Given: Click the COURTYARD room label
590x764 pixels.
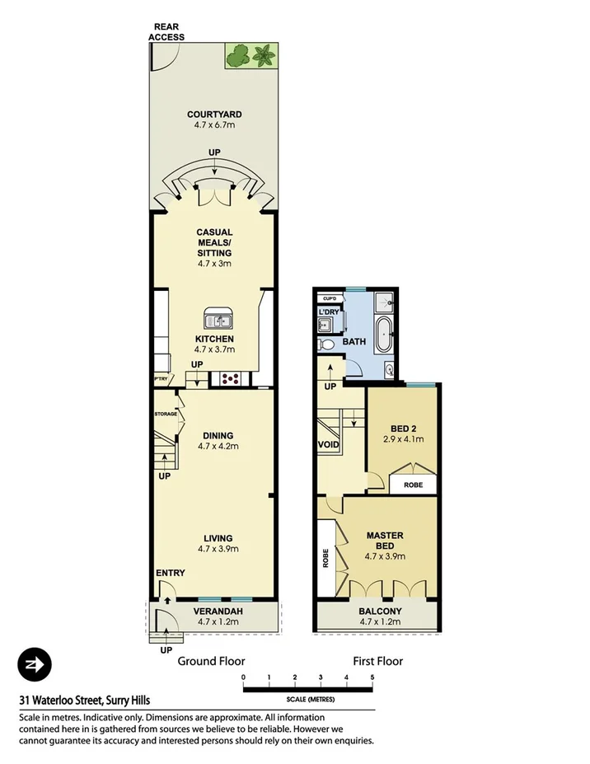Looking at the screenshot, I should pyautogui.click(x=214, y=115).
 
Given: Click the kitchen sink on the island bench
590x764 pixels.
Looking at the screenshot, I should pyautogui.click(x=219, y=320).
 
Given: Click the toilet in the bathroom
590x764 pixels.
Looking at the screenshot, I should pyautogui.click(x=326, y=345).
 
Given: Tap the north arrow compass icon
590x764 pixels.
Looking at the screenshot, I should pyautogui.click(x=35, y=664).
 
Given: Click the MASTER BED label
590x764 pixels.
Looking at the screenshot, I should pyautogui.click(x=384, y=541).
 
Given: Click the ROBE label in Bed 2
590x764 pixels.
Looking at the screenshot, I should pyautogui.click(x=413, y=485).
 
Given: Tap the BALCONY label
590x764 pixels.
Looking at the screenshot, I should pyautogui.click(x=380, y=611).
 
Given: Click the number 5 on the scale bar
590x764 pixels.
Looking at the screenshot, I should pyautogui.click(x=372, y=677).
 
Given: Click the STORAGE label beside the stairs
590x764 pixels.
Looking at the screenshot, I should pyautogui.click(x=166, y=414).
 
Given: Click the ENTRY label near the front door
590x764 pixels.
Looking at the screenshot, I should pyautogui.click(x=170, y=574).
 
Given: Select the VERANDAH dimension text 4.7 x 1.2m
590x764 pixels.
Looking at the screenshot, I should pyautogui.click(x=218, y=622).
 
